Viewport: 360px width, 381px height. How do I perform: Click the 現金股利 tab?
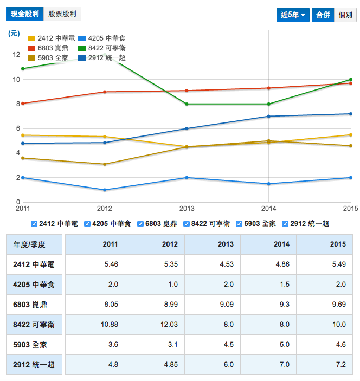pos(24,14)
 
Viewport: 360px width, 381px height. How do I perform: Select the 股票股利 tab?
pos(62,14)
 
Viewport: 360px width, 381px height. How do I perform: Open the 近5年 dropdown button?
pos(292,15)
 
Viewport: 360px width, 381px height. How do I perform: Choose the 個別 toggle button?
pos(344,15)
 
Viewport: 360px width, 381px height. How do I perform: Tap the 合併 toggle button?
pos(323,15)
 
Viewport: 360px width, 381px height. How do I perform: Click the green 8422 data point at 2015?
pos(350,80)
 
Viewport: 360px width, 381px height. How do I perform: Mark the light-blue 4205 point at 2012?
pos(105,190)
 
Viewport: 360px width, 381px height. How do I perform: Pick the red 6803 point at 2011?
pos(23,104)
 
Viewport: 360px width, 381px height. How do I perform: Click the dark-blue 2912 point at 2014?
pos(269,117)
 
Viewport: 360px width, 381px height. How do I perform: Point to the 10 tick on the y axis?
pos(16,80)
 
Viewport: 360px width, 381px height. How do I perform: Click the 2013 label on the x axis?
pos(187,208)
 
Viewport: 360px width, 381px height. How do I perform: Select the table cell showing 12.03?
pos(169,325)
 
